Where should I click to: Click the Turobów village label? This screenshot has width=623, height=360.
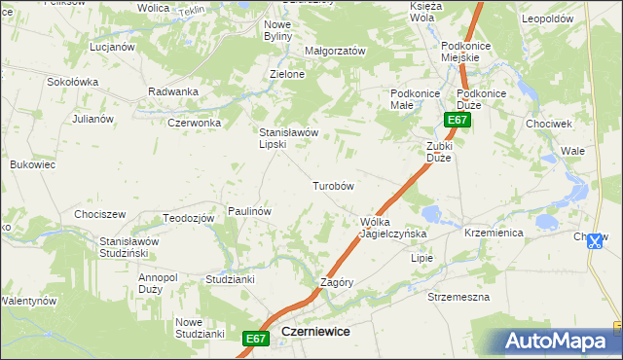point(332,186)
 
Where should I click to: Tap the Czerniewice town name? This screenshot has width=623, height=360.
point(315,331)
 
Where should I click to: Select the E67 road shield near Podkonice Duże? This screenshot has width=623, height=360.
point(458,120)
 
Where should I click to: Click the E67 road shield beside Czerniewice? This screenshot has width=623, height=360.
point(255,338)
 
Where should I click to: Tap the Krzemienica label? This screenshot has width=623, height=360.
point(495,234)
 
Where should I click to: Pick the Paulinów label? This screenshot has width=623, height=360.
point(249,210)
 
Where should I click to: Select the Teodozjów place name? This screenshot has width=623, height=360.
point(189,218)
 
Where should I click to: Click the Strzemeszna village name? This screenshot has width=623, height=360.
point(458,297)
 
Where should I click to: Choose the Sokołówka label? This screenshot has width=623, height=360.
point(73,83)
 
